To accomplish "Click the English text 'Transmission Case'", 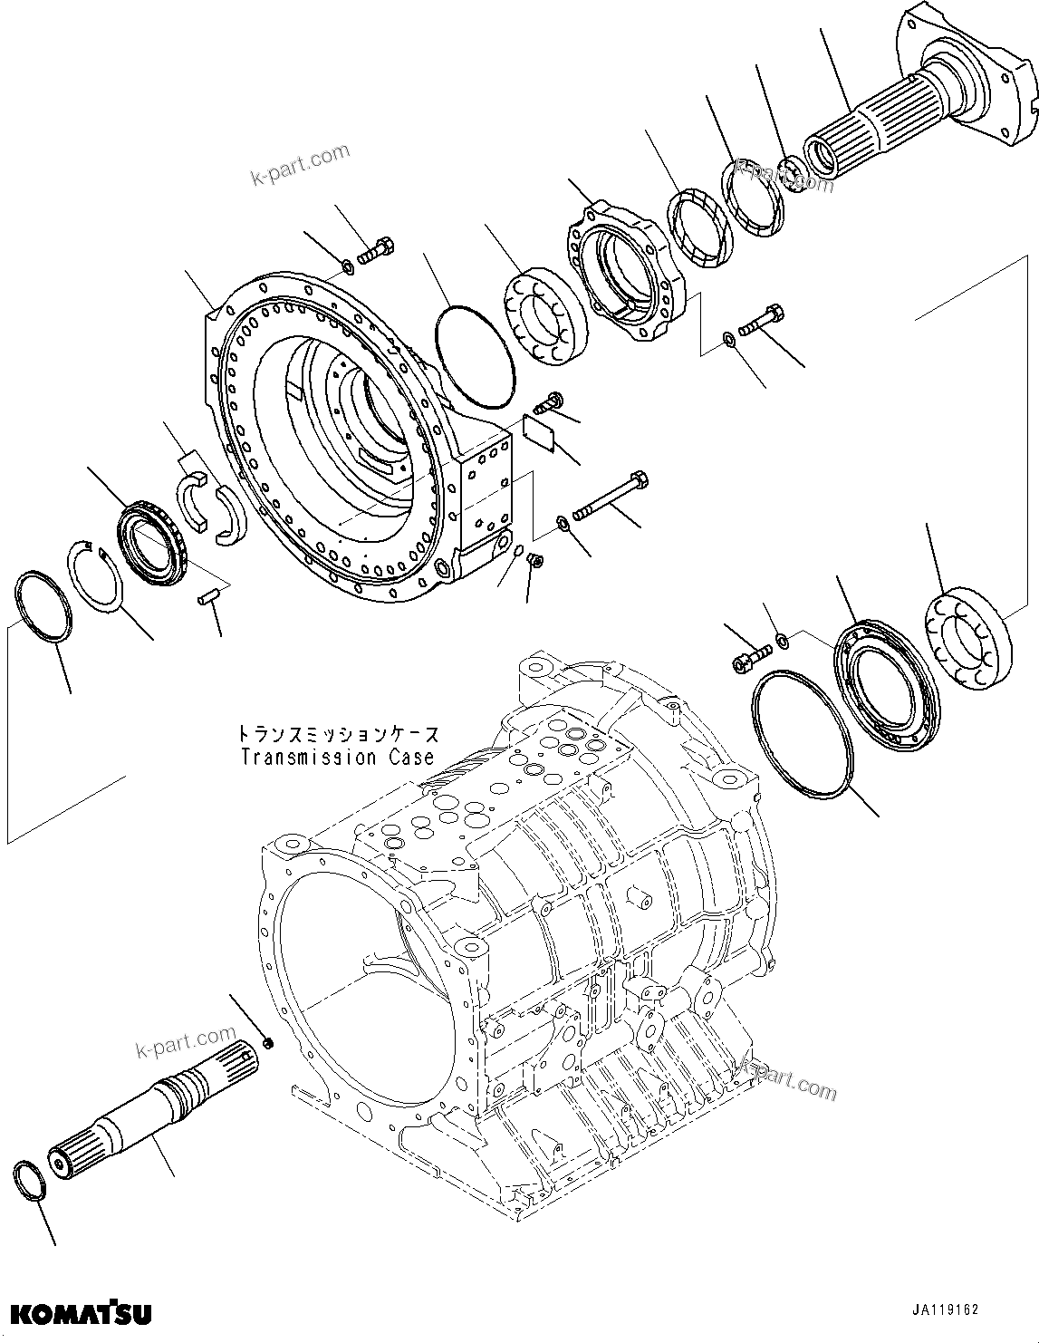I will tap(337, 758).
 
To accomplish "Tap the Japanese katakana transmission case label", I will tap(337, 733).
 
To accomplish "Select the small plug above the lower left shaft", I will tap(268, 1045).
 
